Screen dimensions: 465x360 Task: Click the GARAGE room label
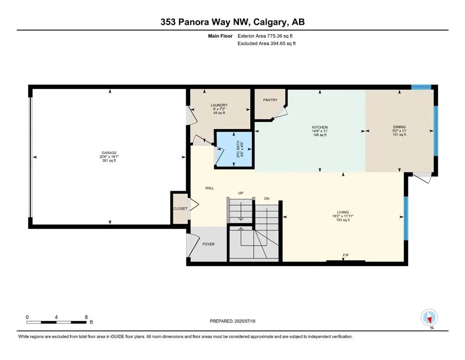[x=109, y=153]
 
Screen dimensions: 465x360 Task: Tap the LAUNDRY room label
[x=219, y=105]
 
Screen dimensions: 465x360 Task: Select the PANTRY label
[x=270, y=100]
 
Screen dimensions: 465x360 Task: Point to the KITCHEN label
[x=320, y=127]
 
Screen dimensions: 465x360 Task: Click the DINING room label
[x=399, y=127]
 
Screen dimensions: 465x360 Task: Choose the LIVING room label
[x=343, y=212]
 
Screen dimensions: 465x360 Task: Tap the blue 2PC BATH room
[x=234, y=150]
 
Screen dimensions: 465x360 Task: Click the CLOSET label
[x=180, y=209]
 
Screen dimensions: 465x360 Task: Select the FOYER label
[x=208, y=244]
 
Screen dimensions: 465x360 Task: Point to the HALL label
[x=210, y=188]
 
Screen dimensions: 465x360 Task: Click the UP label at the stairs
[x=241, y=193]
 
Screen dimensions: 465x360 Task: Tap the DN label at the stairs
[x=266, y=199]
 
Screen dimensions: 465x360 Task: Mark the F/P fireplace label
[x=346, y=255]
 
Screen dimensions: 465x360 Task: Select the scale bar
[x=56, y=322]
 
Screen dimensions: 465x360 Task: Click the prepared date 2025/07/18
[x=244, y=321]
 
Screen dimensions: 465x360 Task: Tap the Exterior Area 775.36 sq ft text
[x=265, y=36]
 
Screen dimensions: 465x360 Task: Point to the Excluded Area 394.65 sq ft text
[x=266, y=43]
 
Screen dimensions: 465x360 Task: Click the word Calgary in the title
[x=270, y=22]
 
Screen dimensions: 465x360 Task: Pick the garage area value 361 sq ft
[x=109, y=161]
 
